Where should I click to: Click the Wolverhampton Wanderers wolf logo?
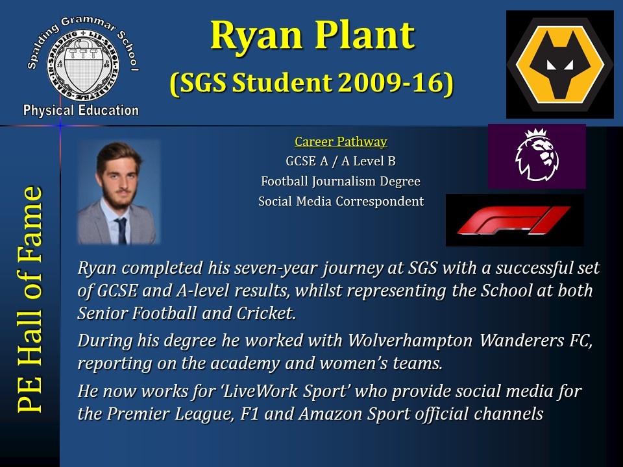coord(560,64)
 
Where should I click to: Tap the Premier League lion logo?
coord(537,156)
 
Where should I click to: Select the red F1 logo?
coord(515,220)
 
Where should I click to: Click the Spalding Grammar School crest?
coord(82,65)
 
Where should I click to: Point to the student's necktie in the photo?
coord(121,230)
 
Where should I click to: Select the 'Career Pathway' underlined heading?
coord(341,142)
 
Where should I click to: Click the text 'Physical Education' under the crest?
coord(80,110)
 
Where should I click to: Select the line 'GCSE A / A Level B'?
coord(341,162)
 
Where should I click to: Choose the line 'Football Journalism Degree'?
coord(341,182)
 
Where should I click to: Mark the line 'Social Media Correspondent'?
coord(341,201)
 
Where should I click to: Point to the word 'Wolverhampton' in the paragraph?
coord(410,341)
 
